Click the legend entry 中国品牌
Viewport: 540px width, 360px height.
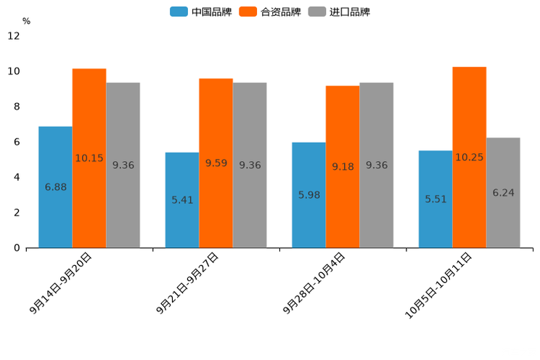201,12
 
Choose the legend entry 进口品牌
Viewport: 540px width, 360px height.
339,12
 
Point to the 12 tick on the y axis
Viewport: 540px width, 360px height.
14,36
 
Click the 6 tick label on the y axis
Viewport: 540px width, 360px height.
17,142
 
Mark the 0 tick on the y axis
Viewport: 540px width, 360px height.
17,247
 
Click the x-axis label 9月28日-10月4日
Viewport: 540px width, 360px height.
314,283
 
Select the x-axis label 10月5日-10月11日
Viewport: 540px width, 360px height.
438,285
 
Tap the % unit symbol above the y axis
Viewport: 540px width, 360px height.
26,21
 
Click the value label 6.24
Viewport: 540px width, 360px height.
503,193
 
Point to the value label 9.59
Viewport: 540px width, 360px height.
216,163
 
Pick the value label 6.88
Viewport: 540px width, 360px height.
55,187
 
